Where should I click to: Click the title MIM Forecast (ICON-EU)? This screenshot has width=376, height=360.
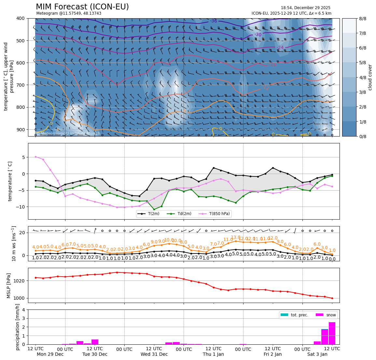tap(82, 7)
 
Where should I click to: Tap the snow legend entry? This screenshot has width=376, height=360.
tap(327, 315)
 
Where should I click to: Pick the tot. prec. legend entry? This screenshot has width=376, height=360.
tap(295, 315)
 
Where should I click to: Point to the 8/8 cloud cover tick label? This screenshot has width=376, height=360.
tap(362, 19)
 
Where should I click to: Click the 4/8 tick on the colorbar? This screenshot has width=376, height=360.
tap(362, 78)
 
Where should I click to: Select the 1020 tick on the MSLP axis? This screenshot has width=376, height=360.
tap(20, 281)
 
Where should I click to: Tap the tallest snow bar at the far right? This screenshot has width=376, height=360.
tap(332, 333)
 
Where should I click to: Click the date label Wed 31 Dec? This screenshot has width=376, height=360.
tap(154, 354)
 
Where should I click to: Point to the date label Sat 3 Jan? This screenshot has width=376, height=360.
tap(317, 354)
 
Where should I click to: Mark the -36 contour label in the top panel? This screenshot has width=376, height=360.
tap(213, 21)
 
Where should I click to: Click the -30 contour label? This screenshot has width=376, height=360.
tap(258, 35)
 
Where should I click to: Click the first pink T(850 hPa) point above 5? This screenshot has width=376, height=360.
tap(35, 157)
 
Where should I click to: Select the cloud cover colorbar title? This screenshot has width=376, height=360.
tap(370, 77)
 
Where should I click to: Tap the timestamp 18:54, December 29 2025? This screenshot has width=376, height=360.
tap(305, 8)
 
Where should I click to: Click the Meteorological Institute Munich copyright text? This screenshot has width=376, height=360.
tap(68, 134)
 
